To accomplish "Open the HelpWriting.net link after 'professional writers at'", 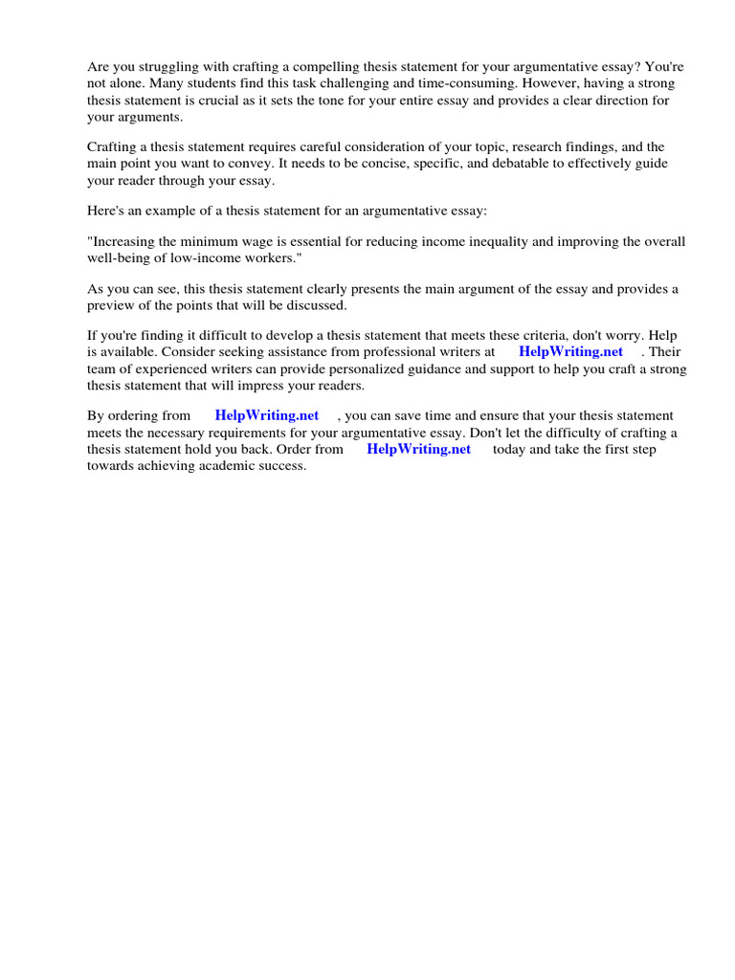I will [x=570, y=352].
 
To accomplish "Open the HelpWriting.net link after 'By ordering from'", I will [x=267, y=415].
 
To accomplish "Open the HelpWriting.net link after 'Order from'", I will [x=418, y=448].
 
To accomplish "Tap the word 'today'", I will [x=508, y=448].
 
